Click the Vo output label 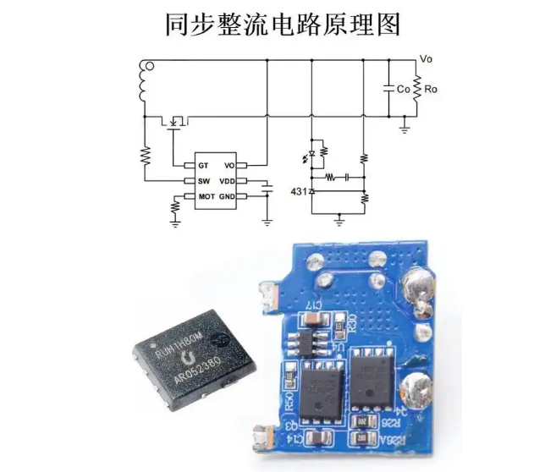point(427,59)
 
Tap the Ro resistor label point(431,89)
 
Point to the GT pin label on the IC point(203,165)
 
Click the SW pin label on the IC point(203,181)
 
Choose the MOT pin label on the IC point(205,197)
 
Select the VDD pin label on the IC point(227,181)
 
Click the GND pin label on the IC point(227,197)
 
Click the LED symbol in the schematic point(311,154)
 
